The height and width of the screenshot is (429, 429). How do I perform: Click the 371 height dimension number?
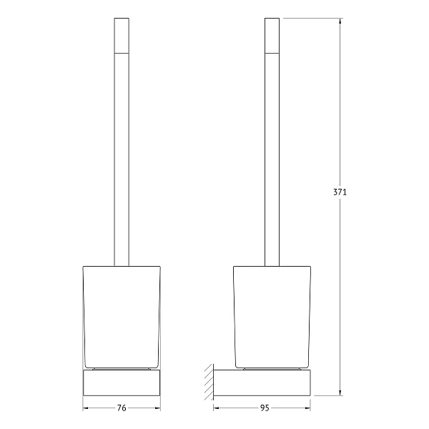340,192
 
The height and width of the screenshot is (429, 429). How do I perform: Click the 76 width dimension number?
122,408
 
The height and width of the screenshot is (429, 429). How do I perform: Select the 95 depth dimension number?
265,408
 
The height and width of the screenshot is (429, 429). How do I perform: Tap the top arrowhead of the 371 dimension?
340,21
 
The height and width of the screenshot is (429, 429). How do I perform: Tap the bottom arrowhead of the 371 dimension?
340,393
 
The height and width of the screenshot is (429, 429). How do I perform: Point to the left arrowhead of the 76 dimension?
86,408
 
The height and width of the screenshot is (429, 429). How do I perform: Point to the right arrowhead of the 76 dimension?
157,408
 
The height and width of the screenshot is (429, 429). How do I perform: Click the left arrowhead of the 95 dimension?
217,408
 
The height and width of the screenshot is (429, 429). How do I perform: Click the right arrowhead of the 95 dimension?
307,408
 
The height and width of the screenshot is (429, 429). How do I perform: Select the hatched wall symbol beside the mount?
209,383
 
